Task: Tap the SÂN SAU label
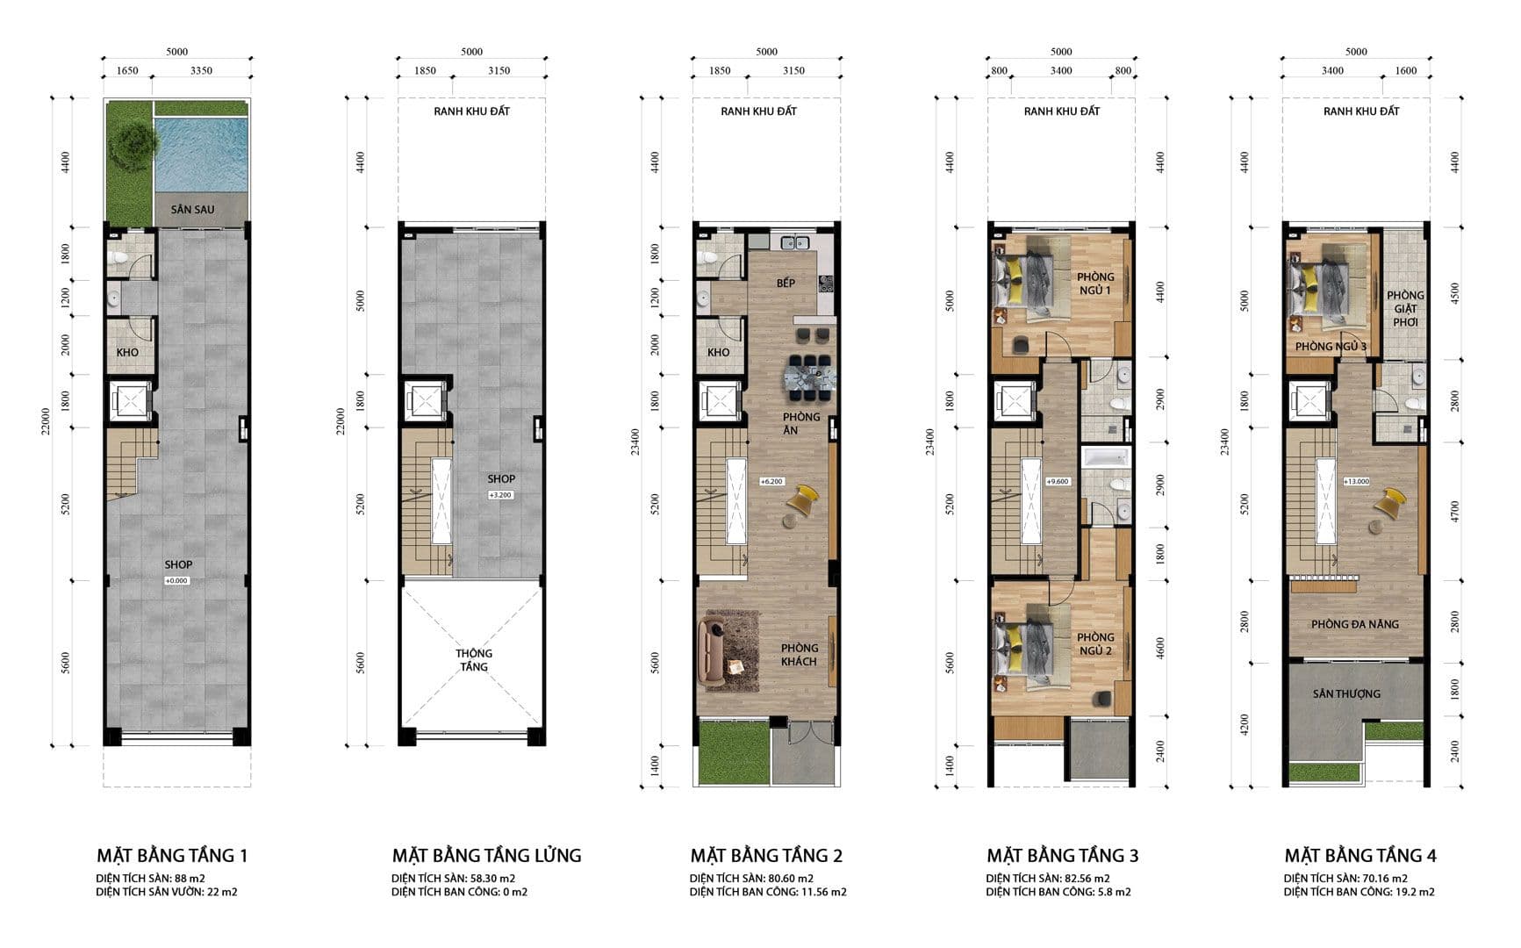tap(192, 210)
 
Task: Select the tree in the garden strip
tap(132, 140)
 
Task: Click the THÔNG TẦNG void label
tap(473, 660)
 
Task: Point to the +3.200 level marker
tap(500, 495)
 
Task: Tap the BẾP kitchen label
tap(786, 283)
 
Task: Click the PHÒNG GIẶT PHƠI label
tap(1405, 308)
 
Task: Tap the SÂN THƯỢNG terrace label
tap(1346, 693)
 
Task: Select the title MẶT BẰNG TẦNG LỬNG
tap(486, 855)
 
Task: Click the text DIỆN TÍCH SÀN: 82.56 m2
tap(1047, 878)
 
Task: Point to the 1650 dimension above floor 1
tap(127, 71)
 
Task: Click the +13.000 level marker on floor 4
tap(1356, 481)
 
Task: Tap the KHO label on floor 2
tap(718, 352)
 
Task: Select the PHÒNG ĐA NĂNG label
tap(1354, 624)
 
